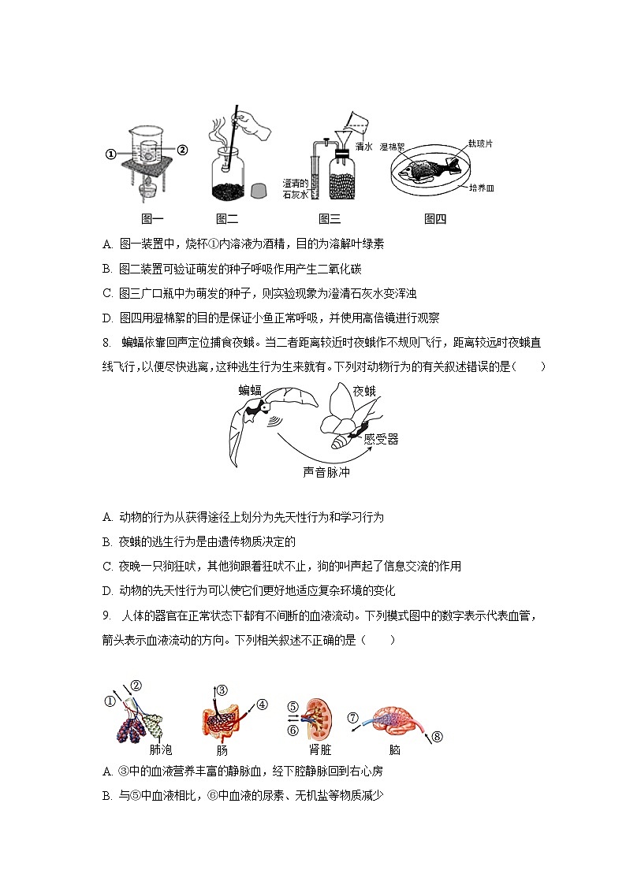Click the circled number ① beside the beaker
click(111, 154)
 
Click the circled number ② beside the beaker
click(182, 150)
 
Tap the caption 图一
click(152, 219)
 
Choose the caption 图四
click(435, 219)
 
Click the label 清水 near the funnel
click(364, 147)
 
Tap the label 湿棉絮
click(392, 147)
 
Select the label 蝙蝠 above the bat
click(251, 389)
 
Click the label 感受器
click(381, 440)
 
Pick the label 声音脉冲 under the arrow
click(326, 473)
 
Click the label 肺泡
click(160, 749)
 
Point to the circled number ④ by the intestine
click(263, 704)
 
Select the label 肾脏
click(320, 749)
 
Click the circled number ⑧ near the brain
click(438, 737)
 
